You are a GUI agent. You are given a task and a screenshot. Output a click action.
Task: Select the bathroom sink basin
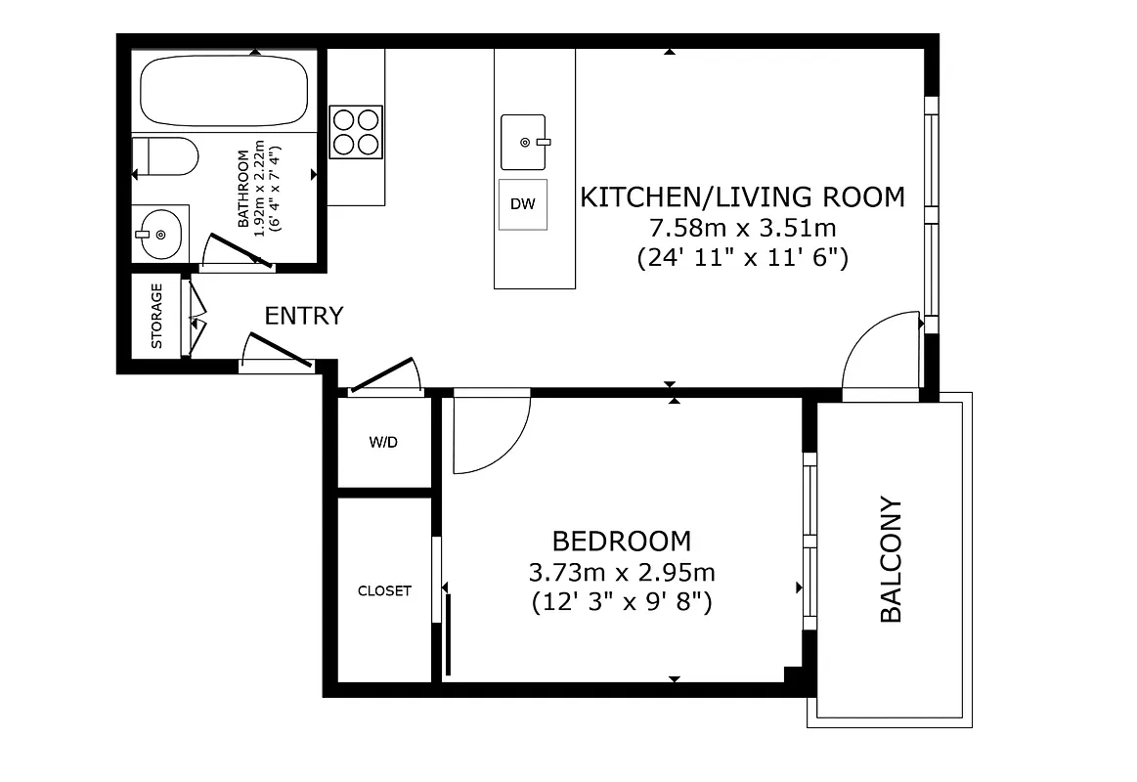click(x=159, y=234)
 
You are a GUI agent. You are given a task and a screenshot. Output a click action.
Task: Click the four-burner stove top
click(x=356, y=131)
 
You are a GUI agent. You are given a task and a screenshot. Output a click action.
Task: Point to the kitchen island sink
click(x=524, y=142)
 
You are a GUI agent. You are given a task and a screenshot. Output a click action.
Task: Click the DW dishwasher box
click(x=523, y=204)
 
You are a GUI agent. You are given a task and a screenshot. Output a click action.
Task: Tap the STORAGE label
click(x=156, y=316)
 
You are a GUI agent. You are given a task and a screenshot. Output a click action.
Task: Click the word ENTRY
click(x=304, y=316)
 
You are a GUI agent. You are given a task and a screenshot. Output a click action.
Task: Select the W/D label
click(x=383, y=442)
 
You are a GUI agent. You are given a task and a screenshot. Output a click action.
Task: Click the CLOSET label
click(x=384, y=591)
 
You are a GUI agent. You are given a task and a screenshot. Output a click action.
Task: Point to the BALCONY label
click(x=891, y=560)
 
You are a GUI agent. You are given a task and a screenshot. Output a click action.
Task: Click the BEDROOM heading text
click(x=621, y=541)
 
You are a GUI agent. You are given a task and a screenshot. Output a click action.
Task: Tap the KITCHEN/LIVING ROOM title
click(x=742, y=196)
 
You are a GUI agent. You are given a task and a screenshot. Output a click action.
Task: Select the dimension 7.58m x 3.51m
click(x=742, y=229)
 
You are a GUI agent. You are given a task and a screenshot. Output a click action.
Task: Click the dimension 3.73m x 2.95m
click(x=621, y=572)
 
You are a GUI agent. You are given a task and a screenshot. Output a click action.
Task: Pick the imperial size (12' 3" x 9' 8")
click(x=621, y=602)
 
